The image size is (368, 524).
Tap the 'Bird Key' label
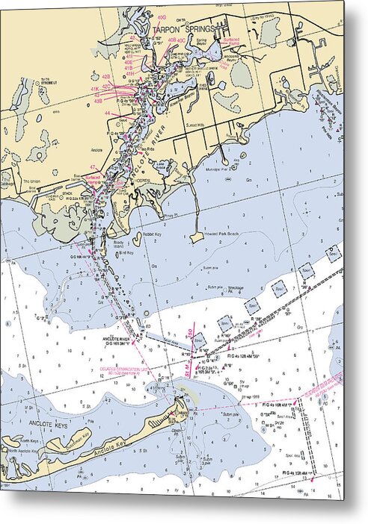click(126, 253)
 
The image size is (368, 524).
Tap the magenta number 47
click(93, 166)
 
